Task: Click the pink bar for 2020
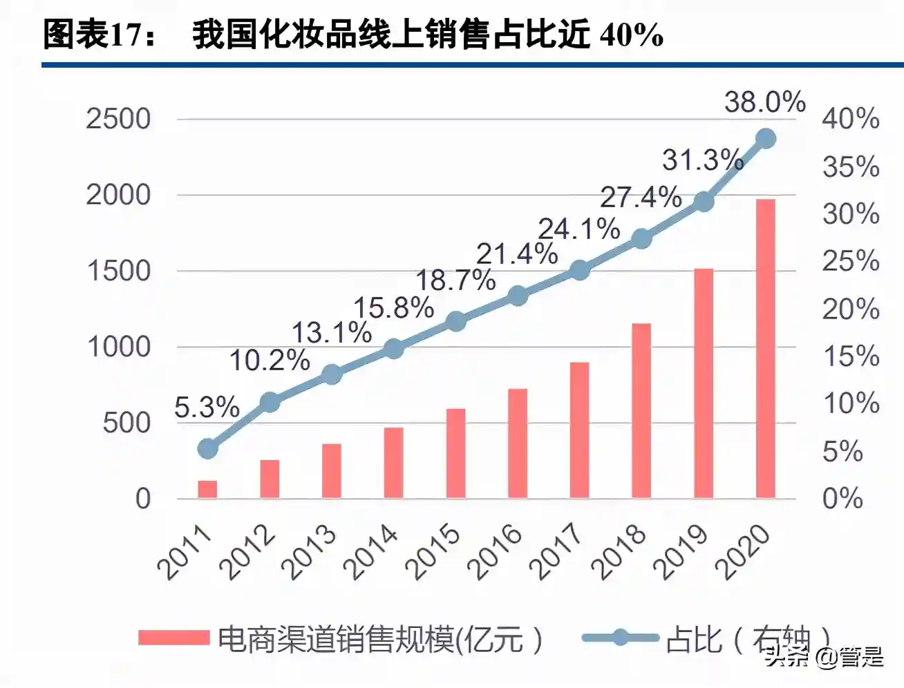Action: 765,349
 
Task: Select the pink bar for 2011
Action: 207,489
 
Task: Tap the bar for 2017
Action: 579,430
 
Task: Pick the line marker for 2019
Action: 704,202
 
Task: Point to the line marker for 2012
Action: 270,402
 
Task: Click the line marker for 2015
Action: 455,321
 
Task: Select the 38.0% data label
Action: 764,102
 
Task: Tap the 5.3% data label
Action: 207,407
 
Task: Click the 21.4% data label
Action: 517,254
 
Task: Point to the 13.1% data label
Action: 332,333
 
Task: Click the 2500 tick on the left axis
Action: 118,119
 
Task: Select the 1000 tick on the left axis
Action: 118,347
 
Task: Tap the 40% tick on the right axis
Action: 850,119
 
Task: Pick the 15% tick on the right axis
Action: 850,356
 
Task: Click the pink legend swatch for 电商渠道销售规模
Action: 173,637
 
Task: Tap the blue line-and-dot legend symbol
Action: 620,637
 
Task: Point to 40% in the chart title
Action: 632,35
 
